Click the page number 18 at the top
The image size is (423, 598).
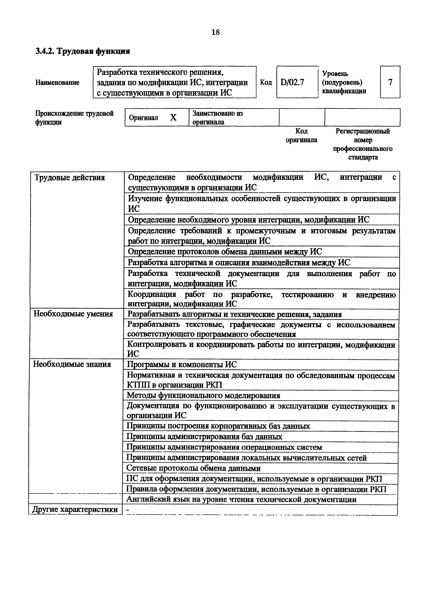pos(216,32)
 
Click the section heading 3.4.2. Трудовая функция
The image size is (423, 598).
pos(83,51)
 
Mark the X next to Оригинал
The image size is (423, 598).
pos(173,118)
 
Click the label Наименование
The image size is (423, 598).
pos(57,83)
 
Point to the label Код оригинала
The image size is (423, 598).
pos(301,135)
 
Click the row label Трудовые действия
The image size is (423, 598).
pos(70,178)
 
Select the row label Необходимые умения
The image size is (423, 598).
pos(73,314)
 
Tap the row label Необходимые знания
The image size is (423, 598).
pos(72,364)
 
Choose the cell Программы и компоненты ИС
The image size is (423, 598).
pos(182,364)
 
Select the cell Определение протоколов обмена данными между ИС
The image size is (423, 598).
pos(225,252)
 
